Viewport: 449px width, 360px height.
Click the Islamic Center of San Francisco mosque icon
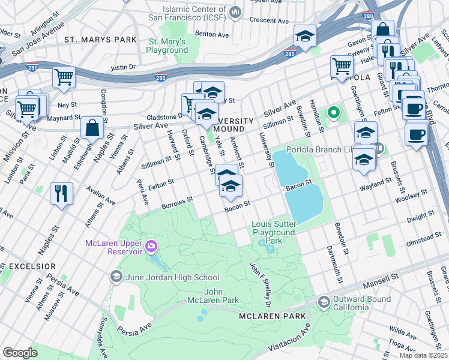[235, 11]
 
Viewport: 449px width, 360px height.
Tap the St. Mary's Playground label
[167, 46]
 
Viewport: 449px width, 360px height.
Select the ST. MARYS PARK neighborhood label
[101, 40]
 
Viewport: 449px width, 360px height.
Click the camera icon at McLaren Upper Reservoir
[151, 245]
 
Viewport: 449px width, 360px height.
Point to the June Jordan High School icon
[116, 277]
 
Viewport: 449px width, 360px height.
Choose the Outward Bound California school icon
[324, 301]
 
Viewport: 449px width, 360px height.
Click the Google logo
[20, 353]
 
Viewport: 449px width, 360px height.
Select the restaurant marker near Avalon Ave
[62, 193]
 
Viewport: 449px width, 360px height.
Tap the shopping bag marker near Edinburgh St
[91, 128]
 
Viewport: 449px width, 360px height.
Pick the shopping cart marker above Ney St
[64, 77]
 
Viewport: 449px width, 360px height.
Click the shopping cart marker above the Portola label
[342, 66]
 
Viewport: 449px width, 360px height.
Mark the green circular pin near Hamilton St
[333, 112]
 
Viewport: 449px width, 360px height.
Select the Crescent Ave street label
[270, 20]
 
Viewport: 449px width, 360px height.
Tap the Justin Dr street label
[123, 68]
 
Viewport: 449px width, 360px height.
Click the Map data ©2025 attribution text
[423, 355]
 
